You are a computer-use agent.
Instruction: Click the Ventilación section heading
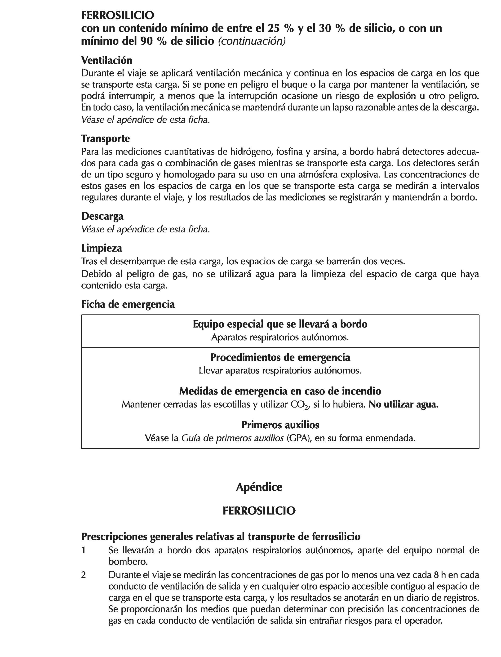pyautogui.click(x=106, y=61)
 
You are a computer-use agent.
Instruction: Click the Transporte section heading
pyautogui.click(x=105, y=139)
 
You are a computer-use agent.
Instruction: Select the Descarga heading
pyautogui.click(x=102, y=216)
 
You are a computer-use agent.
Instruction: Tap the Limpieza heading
pyautogui.click(x=101, y=248)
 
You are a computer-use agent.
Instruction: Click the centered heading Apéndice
pyautogui.click(x=259, y=487)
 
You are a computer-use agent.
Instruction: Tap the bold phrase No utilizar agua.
pyautogui.click(x=403, y=405)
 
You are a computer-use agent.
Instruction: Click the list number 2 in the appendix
pyautogui.click(x=84, y=575)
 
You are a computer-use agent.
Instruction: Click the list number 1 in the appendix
pyautogui.click(x=84, y=550)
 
